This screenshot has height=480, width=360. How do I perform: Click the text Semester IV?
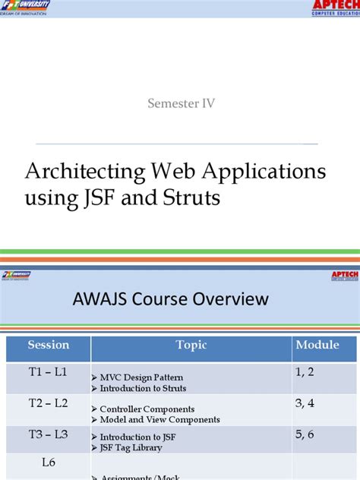tap(181, 104)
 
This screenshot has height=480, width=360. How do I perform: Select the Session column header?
tap(49, 346)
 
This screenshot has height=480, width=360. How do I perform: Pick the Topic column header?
tap(191, 346)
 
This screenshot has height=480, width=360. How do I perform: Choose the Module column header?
tap(317, 346)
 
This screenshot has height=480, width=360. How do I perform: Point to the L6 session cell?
tap(49, 462)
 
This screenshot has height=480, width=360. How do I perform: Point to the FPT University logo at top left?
tap(26, 8)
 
